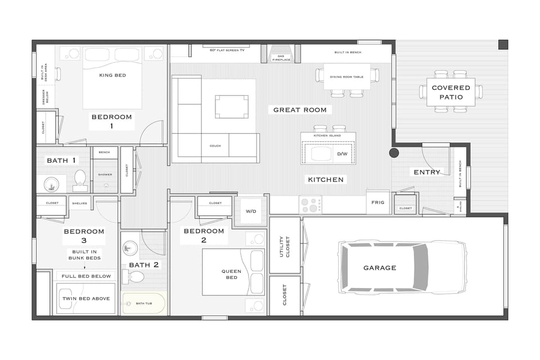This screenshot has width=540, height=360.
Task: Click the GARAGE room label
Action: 380,268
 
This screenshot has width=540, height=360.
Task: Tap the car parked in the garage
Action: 402,268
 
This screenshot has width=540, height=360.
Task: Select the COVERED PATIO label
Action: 451,92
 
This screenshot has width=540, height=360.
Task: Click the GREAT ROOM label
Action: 300,110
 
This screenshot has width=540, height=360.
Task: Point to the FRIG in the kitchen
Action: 378,202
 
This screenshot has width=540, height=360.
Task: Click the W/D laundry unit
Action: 250,211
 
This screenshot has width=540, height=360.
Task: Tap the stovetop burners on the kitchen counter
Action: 310,204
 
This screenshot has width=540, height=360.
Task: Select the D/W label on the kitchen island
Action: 343,154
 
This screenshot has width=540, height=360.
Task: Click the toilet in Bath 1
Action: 79,178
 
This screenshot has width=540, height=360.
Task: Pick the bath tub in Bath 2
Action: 143,304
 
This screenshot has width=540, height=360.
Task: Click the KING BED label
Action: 112,75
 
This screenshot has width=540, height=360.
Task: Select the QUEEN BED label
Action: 231,274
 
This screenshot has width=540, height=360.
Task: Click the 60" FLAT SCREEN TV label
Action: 227,50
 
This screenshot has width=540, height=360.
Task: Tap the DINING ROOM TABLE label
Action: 346,76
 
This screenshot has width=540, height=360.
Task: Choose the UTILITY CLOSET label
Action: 285,246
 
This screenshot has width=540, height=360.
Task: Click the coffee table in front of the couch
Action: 232,106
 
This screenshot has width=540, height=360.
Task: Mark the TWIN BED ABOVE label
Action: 86,299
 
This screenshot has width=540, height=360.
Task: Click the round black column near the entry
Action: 394,152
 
